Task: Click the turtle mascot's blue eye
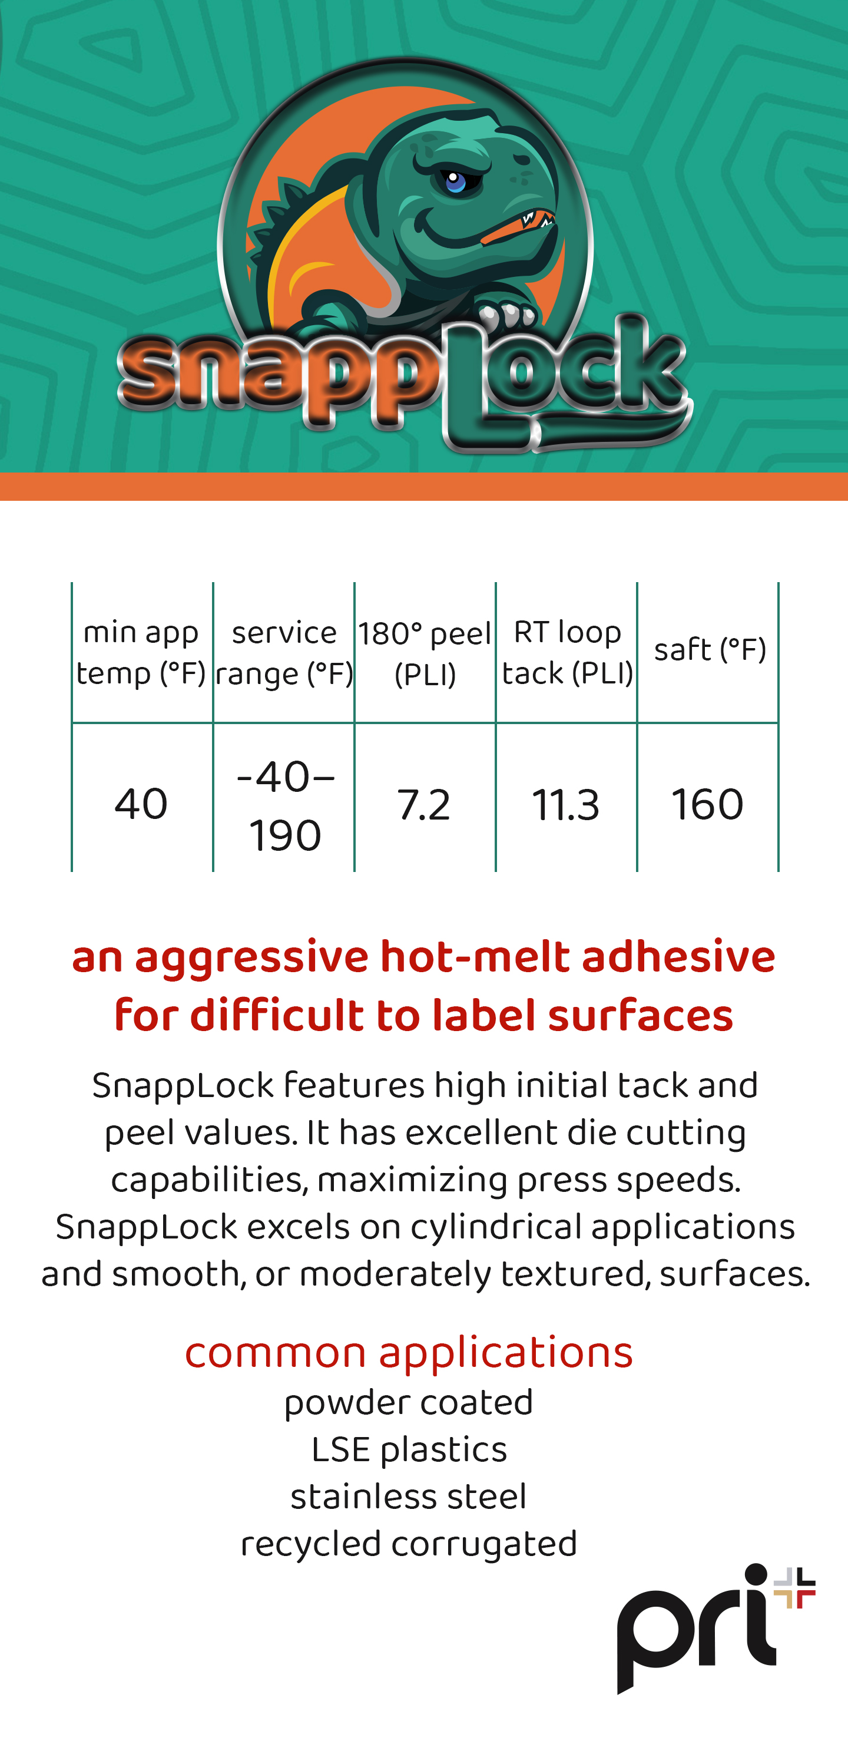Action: point(455,181)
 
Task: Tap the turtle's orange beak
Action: point(518,227)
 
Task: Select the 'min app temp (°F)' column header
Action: point(141,653)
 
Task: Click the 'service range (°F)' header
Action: point(284,653)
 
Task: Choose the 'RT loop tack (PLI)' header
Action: point(567,653)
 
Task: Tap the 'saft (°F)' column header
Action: point(709,649)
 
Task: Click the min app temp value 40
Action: point(141,804)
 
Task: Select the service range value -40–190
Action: point(285,805)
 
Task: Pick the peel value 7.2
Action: point(423,805)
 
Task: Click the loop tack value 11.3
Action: point(566,805)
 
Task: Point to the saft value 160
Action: point(707,804)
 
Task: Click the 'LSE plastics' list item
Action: point(409,1450)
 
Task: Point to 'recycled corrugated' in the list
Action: point(409,1545)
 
